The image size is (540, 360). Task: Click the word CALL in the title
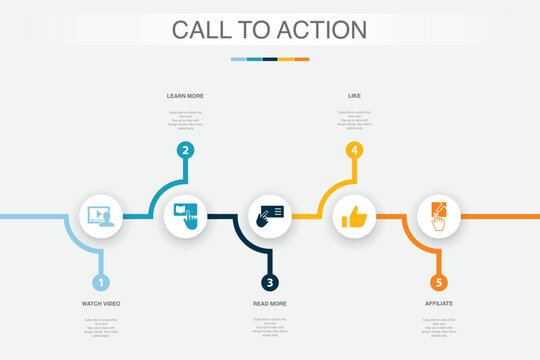pos(199,30)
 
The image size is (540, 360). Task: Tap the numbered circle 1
pos(101,283)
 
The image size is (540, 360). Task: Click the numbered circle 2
pos(185,151)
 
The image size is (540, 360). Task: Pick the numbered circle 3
pos(269,283)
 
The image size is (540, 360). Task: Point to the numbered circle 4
pos(353,151)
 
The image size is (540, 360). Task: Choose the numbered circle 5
pos(438,283)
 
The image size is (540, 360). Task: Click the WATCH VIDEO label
pos(101,303)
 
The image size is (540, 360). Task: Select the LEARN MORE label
pos(185,96)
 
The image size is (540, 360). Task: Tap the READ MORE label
pos(269,303)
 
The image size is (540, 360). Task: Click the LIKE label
pos(353,96)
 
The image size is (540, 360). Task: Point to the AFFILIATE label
pos(438,303)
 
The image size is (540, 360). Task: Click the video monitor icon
pos(101,215)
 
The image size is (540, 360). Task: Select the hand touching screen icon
pos(185,215)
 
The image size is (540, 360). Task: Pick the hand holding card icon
pos(269,215)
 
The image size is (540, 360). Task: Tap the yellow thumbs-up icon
pos(353,216)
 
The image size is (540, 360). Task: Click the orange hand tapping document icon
pos(438,215)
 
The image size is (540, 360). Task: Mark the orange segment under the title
pos(301,59)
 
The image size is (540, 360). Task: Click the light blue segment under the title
pos(238,59)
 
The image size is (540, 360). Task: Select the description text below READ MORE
pos(269,327)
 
